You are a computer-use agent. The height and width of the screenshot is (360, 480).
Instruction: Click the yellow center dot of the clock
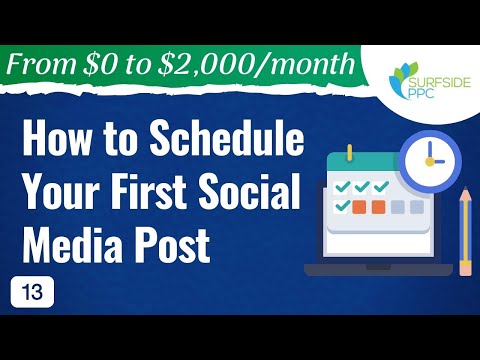pyautogui.click(x=428, y=160)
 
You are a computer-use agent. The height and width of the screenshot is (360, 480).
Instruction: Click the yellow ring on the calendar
pyautogui.click(x=350, y=154)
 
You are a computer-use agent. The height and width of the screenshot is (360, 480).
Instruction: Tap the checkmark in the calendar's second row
pyautogui.click(x=343, y=206)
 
